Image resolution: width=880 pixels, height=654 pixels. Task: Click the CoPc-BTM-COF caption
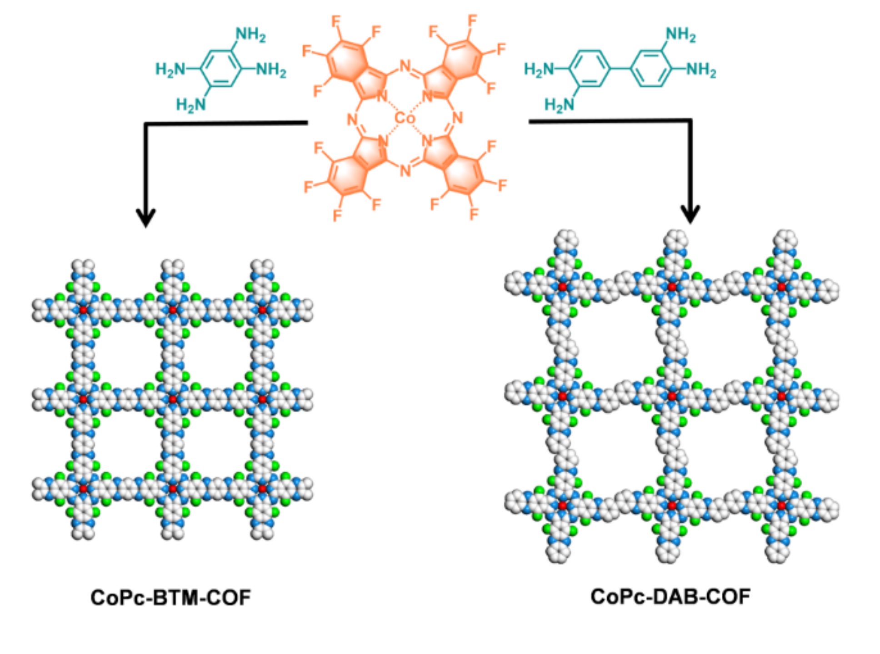(170, 597)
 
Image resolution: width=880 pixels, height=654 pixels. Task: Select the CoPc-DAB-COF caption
(670, 596)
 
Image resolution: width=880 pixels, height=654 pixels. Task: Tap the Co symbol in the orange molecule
(404, 119)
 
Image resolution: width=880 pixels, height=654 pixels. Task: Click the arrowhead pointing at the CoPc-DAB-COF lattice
(690, 214)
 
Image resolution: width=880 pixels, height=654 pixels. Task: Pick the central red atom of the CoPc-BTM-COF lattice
(173, 399)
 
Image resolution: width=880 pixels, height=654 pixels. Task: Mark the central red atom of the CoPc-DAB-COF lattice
(672, 396)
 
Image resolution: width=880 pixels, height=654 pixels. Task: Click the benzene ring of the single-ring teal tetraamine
(220, 69)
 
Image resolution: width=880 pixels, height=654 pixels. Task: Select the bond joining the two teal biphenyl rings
(620, 69)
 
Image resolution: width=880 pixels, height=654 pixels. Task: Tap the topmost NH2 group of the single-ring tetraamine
(250, 35)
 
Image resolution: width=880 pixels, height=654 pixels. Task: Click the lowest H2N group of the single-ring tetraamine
(191, 105)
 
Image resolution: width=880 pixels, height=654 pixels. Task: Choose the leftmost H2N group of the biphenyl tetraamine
(539, 69)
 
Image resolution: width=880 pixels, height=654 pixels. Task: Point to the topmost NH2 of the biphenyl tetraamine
(680, 34)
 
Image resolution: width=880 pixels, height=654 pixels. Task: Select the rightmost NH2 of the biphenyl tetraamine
(701, 69)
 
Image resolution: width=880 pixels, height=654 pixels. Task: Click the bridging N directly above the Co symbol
(405, 67)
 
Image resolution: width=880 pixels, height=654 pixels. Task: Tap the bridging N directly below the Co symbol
(405, 171)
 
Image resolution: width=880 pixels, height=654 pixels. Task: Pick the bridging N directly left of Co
(352, 119)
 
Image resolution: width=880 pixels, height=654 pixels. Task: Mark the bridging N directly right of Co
(457, 118)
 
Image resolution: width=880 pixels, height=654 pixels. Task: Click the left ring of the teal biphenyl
(589, 69)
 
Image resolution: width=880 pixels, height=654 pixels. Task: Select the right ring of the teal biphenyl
(651, 69)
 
